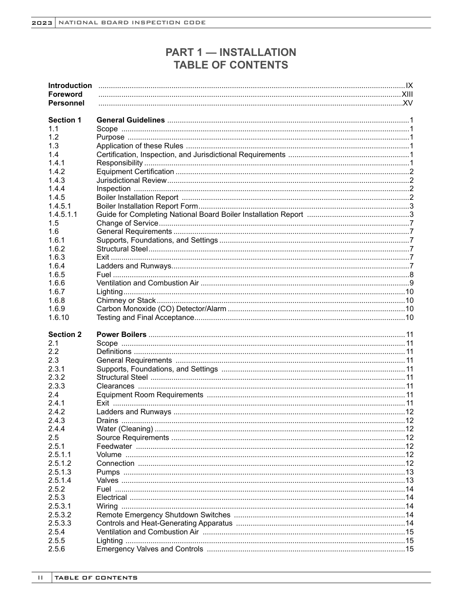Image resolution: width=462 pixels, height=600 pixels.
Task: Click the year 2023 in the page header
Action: point(42,23)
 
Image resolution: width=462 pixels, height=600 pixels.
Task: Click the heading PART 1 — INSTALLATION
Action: point(231,52)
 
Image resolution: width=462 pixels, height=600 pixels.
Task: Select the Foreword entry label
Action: point(65,94)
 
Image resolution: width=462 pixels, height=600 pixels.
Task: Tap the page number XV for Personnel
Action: point(408,103)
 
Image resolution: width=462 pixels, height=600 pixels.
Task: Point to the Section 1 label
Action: point(65,120)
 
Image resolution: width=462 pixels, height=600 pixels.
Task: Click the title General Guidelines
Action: point(130,120)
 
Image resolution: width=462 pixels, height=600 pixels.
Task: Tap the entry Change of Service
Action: point(127,223)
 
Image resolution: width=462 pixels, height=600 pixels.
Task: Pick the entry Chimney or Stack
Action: point(126,300)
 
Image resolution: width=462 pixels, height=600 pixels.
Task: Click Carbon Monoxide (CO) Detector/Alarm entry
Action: point(161,309)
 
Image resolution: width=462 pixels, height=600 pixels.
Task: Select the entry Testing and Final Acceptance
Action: point(145,318)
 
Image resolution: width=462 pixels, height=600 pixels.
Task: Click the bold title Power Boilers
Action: point(121,335)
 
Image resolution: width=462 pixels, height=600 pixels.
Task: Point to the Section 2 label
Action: point(65,335)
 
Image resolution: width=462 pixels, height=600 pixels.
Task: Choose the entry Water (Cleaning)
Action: point(124,429)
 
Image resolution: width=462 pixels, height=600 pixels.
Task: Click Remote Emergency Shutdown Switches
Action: point(163,515)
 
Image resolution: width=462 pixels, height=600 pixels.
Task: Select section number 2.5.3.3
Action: point(59,523)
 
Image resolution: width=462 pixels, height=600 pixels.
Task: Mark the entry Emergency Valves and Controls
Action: point(150,549)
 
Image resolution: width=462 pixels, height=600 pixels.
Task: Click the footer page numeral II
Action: point(41,578)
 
